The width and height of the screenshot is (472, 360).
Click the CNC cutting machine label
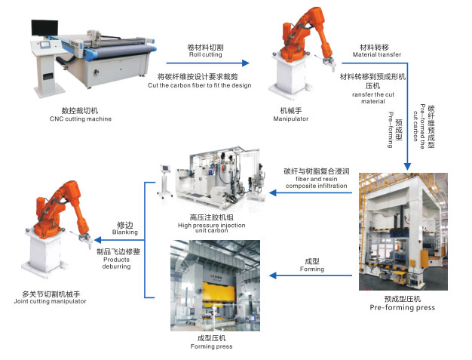tap(81, 118)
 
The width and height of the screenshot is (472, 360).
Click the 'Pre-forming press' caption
tap(402, 308)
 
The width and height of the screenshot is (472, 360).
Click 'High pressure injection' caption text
tap(212, 226)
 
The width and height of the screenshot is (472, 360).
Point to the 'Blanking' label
tap(125, 232)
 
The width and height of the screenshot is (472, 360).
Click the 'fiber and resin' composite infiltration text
tap(316, 180)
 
